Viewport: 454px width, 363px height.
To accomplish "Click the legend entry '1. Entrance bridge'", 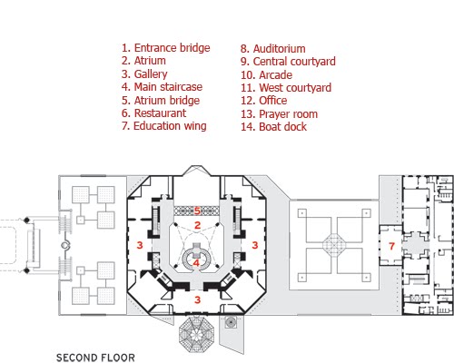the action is click(x=166, y=48).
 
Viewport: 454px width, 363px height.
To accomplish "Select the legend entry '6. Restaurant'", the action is click(x=153, y=113).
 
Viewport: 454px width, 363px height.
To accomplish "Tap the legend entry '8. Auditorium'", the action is click(x=273, y=49).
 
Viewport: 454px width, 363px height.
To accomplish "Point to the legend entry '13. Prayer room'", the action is click(x=279, y=114).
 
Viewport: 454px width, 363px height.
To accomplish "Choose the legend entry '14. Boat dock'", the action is click(x=273, y=127).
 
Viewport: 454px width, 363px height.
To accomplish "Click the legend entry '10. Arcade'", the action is click(x=266, y=74).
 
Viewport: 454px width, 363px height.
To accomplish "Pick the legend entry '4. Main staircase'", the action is click(x=162, y=87).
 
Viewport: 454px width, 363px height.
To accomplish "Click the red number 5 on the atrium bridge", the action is click(x=197, y=211).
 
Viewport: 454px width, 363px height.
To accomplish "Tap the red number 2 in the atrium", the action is click(x=198, y=225).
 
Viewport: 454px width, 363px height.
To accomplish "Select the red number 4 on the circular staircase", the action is click(x=196, y=263).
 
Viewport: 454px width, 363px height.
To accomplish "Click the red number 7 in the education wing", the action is click(x=391, y=246).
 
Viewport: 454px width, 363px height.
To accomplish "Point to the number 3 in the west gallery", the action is click(x=140, y=245).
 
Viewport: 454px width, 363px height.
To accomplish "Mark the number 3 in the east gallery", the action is click(x=255, y=245).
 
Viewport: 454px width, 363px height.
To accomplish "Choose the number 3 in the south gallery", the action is click(x=198, y=299).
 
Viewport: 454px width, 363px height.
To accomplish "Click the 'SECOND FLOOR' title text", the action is click(x=95, y=358).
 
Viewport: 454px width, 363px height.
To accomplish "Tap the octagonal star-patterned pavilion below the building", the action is click(x=197, y=334).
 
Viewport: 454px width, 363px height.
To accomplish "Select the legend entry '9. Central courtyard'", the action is click(x=288, y=62).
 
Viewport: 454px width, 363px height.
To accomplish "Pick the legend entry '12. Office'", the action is click(x=264, y=101).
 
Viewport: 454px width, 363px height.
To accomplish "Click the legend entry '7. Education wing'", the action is click(x=164, y=126).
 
